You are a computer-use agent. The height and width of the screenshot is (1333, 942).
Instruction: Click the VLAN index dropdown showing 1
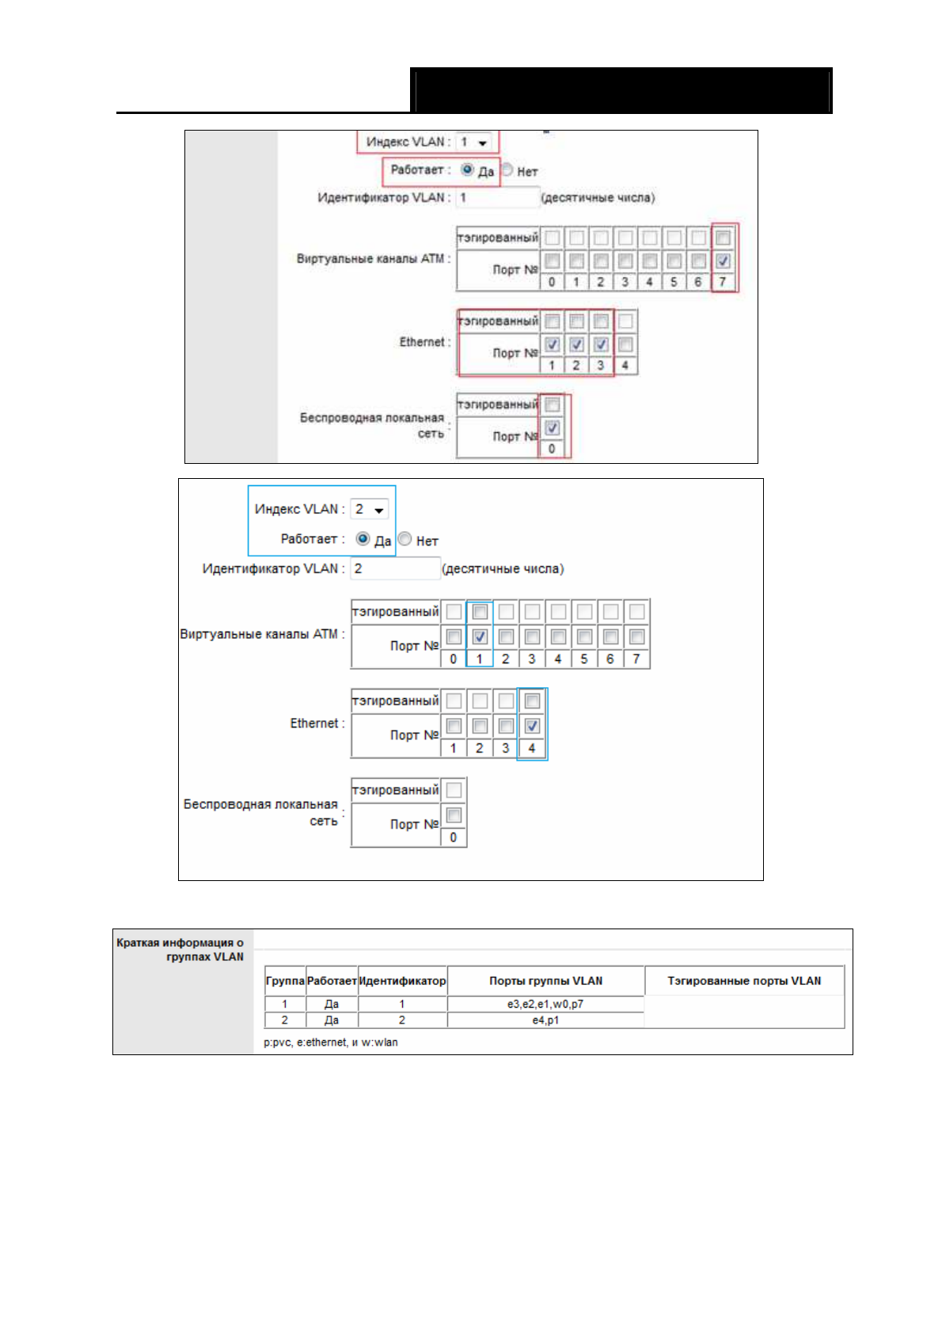pos(474,142)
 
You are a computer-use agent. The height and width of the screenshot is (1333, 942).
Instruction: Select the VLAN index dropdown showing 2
pos(370,510)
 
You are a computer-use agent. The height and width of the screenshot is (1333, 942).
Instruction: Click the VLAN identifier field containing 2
pos(395,568)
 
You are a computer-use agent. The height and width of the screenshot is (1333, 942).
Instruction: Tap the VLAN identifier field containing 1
pos(497,198)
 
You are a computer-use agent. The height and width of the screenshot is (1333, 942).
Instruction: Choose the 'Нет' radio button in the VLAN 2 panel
pos(405,539)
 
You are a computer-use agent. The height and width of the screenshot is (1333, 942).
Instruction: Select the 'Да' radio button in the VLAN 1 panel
pos(468,169)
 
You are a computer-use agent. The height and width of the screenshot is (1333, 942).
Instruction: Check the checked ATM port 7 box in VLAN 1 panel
pos(723,260)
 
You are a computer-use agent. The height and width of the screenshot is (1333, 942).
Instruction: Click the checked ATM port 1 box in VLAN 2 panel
pos(480,636)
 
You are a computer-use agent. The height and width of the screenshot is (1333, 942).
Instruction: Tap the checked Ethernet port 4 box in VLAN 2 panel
pos(532,725)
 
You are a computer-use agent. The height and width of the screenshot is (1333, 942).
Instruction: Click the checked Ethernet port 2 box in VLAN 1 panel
pos(576,344)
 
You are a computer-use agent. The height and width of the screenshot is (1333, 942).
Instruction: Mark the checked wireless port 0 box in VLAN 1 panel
pos(553,428)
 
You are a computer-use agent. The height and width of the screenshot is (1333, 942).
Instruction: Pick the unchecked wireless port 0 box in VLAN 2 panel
pos(454,815)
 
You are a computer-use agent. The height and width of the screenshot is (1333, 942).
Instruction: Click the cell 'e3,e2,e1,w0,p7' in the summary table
pos(545,1004)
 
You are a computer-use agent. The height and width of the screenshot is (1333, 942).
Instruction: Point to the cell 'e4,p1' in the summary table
pos(545,1020)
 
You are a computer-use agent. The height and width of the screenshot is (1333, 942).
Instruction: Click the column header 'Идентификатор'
pos(402,981)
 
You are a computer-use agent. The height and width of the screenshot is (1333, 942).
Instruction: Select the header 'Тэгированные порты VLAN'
pos(744,981)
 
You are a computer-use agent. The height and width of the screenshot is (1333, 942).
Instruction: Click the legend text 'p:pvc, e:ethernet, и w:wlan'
pos(331,1042)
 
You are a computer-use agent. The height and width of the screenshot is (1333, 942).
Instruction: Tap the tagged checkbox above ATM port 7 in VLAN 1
pos(723,237)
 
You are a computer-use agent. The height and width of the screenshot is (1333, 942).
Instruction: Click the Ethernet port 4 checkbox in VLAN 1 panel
pos(625,344)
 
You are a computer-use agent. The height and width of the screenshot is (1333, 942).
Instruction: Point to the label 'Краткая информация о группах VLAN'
pos(180,949)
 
